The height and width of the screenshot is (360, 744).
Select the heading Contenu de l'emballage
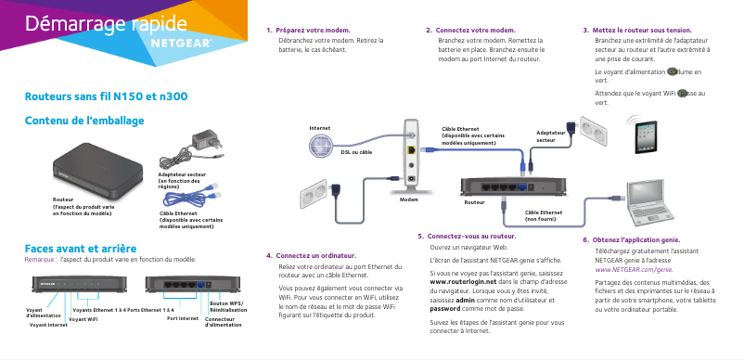pyautogui.click(x=84, y=120)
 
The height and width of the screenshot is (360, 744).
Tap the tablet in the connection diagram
pyautogui.click(x=646, y=138)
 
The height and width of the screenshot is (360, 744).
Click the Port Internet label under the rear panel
pyautogui.click(x=183, y=317)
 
